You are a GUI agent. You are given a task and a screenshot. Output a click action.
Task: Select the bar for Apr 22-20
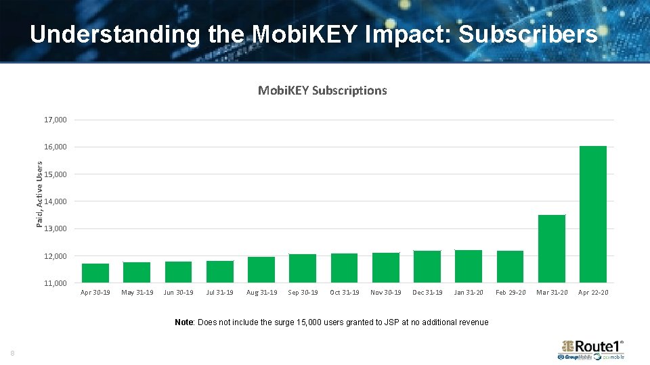[593, 214]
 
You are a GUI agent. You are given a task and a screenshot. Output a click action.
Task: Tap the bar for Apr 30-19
[95, 273]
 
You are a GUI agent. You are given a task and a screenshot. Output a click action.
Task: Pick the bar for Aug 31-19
[261, 270]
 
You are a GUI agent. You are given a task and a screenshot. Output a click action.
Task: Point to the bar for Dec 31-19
[427, 267]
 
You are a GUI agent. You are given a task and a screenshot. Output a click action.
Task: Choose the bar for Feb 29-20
[510, 267]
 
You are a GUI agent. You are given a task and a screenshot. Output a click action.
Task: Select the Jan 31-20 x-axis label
[469, 293]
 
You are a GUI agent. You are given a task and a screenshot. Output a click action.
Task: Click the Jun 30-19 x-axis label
[178, 293]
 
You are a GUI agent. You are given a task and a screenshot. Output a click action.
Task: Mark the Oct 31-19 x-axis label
[344, 293]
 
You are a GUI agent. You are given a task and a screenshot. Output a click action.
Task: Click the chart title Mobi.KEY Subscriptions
[322, 91]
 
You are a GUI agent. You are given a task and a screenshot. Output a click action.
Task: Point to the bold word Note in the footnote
[183, 322]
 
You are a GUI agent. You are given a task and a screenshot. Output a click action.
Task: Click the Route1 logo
[590, 347]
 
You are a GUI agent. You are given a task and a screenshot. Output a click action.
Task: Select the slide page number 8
[12, 353]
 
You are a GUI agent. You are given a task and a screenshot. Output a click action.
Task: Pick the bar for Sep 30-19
[303, 268]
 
